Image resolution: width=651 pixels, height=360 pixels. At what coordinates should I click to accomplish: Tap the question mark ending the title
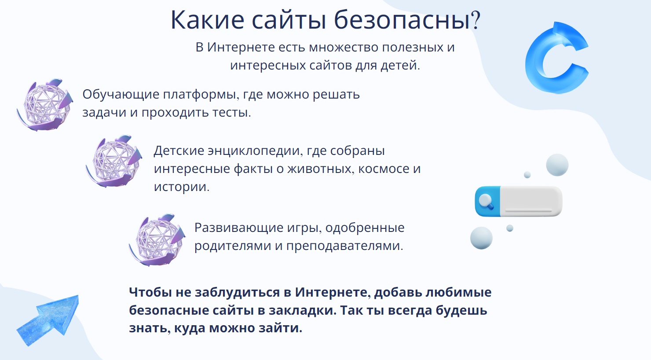(x=475, y=20)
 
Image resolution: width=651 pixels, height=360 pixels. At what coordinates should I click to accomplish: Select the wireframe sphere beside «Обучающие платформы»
(x=45, y=105)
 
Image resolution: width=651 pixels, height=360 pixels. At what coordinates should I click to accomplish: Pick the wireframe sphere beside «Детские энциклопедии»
(x=114, y=162)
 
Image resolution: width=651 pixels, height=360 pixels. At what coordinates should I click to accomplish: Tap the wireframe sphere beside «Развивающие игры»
(x=157, y=240)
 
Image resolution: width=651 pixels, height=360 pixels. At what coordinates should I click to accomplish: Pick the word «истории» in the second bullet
(x=182, y=187)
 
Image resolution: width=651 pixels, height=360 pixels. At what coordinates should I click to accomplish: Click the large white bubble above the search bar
(x=557, y=165)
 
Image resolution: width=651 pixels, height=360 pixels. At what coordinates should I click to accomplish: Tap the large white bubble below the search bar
(x=481, y=238)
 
